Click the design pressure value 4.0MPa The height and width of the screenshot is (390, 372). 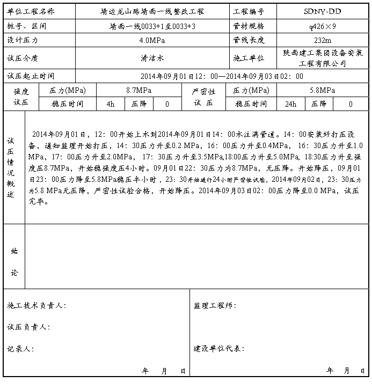click(x=152, y=40)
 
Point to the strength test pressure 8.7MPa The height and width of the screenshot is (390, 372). click(x=138, y=90)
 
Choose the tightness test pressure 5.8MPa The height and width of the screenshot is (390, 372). click(x=322, y=90)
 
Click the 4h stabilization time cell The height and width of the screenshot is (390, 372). click(x=111, y=104)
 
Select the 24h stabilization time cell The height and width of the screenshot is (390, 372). click(x=290, y=104)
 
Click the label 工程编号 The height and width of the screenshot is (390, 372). click(x=249, y=11)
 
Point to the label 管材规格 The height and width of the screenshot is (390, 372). click(x=249, y=25)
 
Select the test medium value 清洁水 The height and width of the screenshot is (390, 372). click(x=152, y=57)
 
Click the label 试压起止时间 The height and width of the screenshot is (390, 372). click(x=31, y=76)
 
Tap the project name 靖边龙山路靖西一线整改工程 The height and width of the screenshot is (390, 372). click(x=152, y=11)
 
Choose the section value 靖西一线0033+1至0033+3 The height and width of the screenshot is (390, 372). click(x=152, y=25)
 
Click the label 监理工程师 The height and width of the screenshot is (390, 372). click(x=215, y=306)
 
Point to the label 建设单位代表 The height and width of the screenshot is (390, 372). click(x=219, y=349)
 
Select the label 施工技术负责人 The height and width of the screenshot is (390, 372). click(x=37, y=306)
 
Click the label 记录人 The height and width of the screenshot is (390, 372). click(x=20, y=349)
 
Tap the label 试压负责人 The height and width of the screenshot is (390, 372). click(x=28, y=327)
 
